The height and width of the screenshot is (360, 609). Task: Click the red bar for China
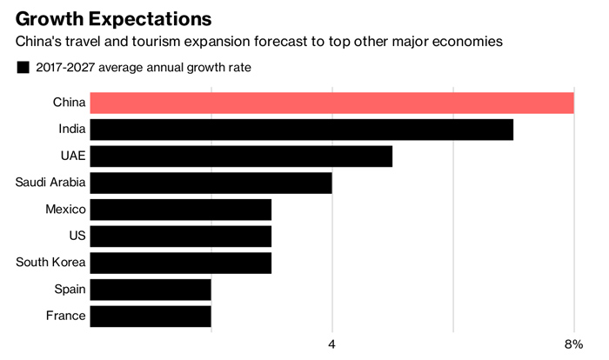click(x=331, y=103)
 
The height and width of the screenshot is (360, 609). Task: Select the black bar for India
click(x=301, y=130)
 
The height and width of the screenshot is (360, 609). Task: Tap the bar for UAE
click(x=241, y=157)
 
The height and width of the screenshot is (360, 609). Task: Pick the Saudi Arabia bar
click(x=211, y=183)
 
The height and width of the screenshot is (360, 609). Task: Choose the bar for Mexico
click(x=180, y=210)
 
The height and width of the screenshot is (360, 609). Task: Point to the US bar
click(x=180, y=236)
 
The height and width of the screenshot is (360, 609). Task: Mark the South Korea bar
click(x=180, y=263)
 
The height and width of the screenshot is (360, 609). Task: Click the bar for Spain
click(x=150, y=289)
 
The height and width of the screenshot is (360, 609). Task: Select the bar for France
click(x=150, y=316)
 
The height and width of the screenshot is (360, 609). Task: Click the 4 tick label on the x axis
click(x=331, y=344)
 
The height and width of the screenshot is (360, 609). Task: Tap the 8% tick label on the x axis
click(x=572, y=344)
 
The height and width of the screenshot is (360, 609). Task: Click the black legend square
click(x=23, y=68)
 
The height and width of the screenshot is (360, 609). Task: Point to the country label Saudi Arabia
click(x=50, y=183)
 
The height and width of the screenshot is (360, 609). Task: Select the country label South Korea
click(x=51, y=263)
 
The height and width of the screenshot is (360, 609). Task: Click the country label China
click(x=69, y=103)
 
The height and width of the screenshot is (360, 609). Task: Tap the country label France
click(x=66, y=316)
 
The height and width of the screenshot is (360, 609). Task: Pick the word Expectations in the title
click(x=147, y=18)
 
